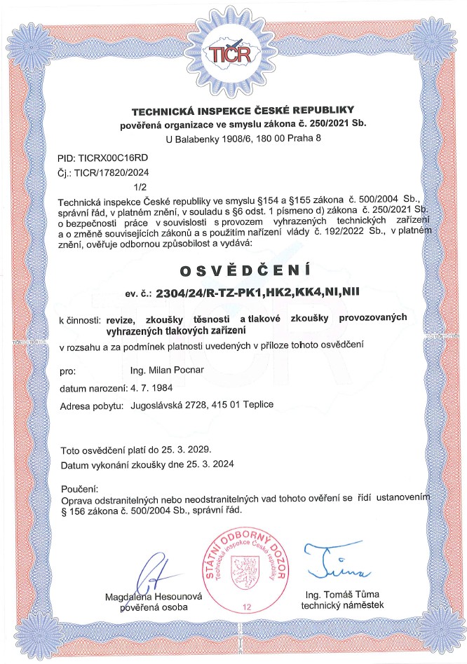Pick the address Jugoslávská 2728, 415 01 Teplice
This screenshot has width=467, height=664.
(x=208, y=406)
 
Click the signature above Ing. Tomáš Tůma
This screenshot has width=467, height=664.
(x=335, y=563)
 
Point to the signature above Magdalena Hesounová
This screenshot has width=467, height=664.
(x=158, y=574)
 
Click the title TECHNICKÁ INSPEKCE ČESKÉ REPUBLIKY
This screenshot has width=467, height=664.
(x=243, y=111)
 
